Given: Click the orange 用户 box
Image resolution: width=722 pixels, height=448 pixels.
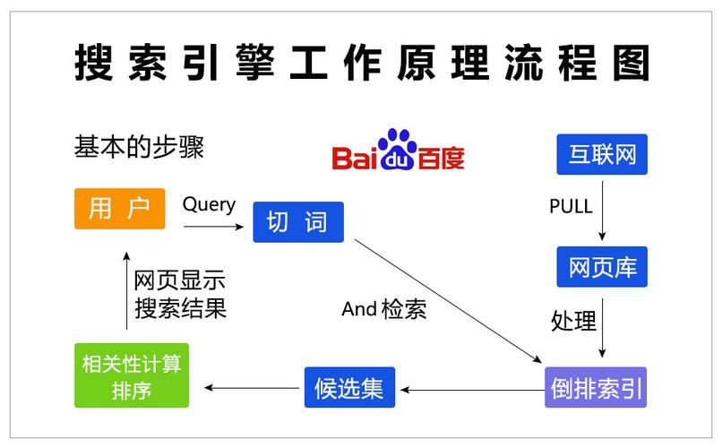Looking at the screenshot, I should tap(119, 209).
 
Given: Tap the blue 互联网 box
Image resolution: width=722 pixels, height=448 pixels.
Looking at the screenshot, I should tap(601, 155).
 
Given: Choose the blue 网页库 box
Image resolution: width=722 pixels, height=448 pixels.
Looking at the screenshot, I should tap(601, 266).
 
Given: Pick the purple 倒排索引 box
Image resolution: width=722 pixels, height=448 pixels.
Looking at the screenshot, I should tap(595, 388).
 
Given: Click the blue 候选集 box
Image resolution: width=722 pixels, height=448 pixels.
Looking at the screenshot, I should tap(348, 388).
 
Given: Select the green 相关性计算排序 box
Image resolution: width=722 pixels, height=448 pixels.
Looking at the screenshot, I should tap(131, 376).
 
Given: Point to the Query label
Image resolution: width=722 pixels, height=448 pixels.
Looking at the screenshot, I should tap(209, 204).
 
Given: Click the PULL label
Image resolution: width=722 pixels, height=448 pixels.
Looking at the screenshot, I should tap(571, 207).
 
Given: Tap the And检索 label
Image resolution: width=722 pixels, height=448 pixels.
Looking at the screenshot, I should tap(384, 310).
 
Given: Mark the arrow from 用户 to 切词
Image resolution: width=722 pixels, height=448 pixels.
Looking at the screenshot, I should tap(213, 228).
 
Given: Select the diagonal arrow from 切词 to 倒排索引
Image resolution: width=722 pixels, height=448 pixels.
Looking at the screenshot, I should tap(448, 300).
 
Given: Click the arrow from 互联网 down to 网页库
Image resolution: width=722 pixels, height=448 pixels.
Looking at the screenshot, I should tap(602, 209).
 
